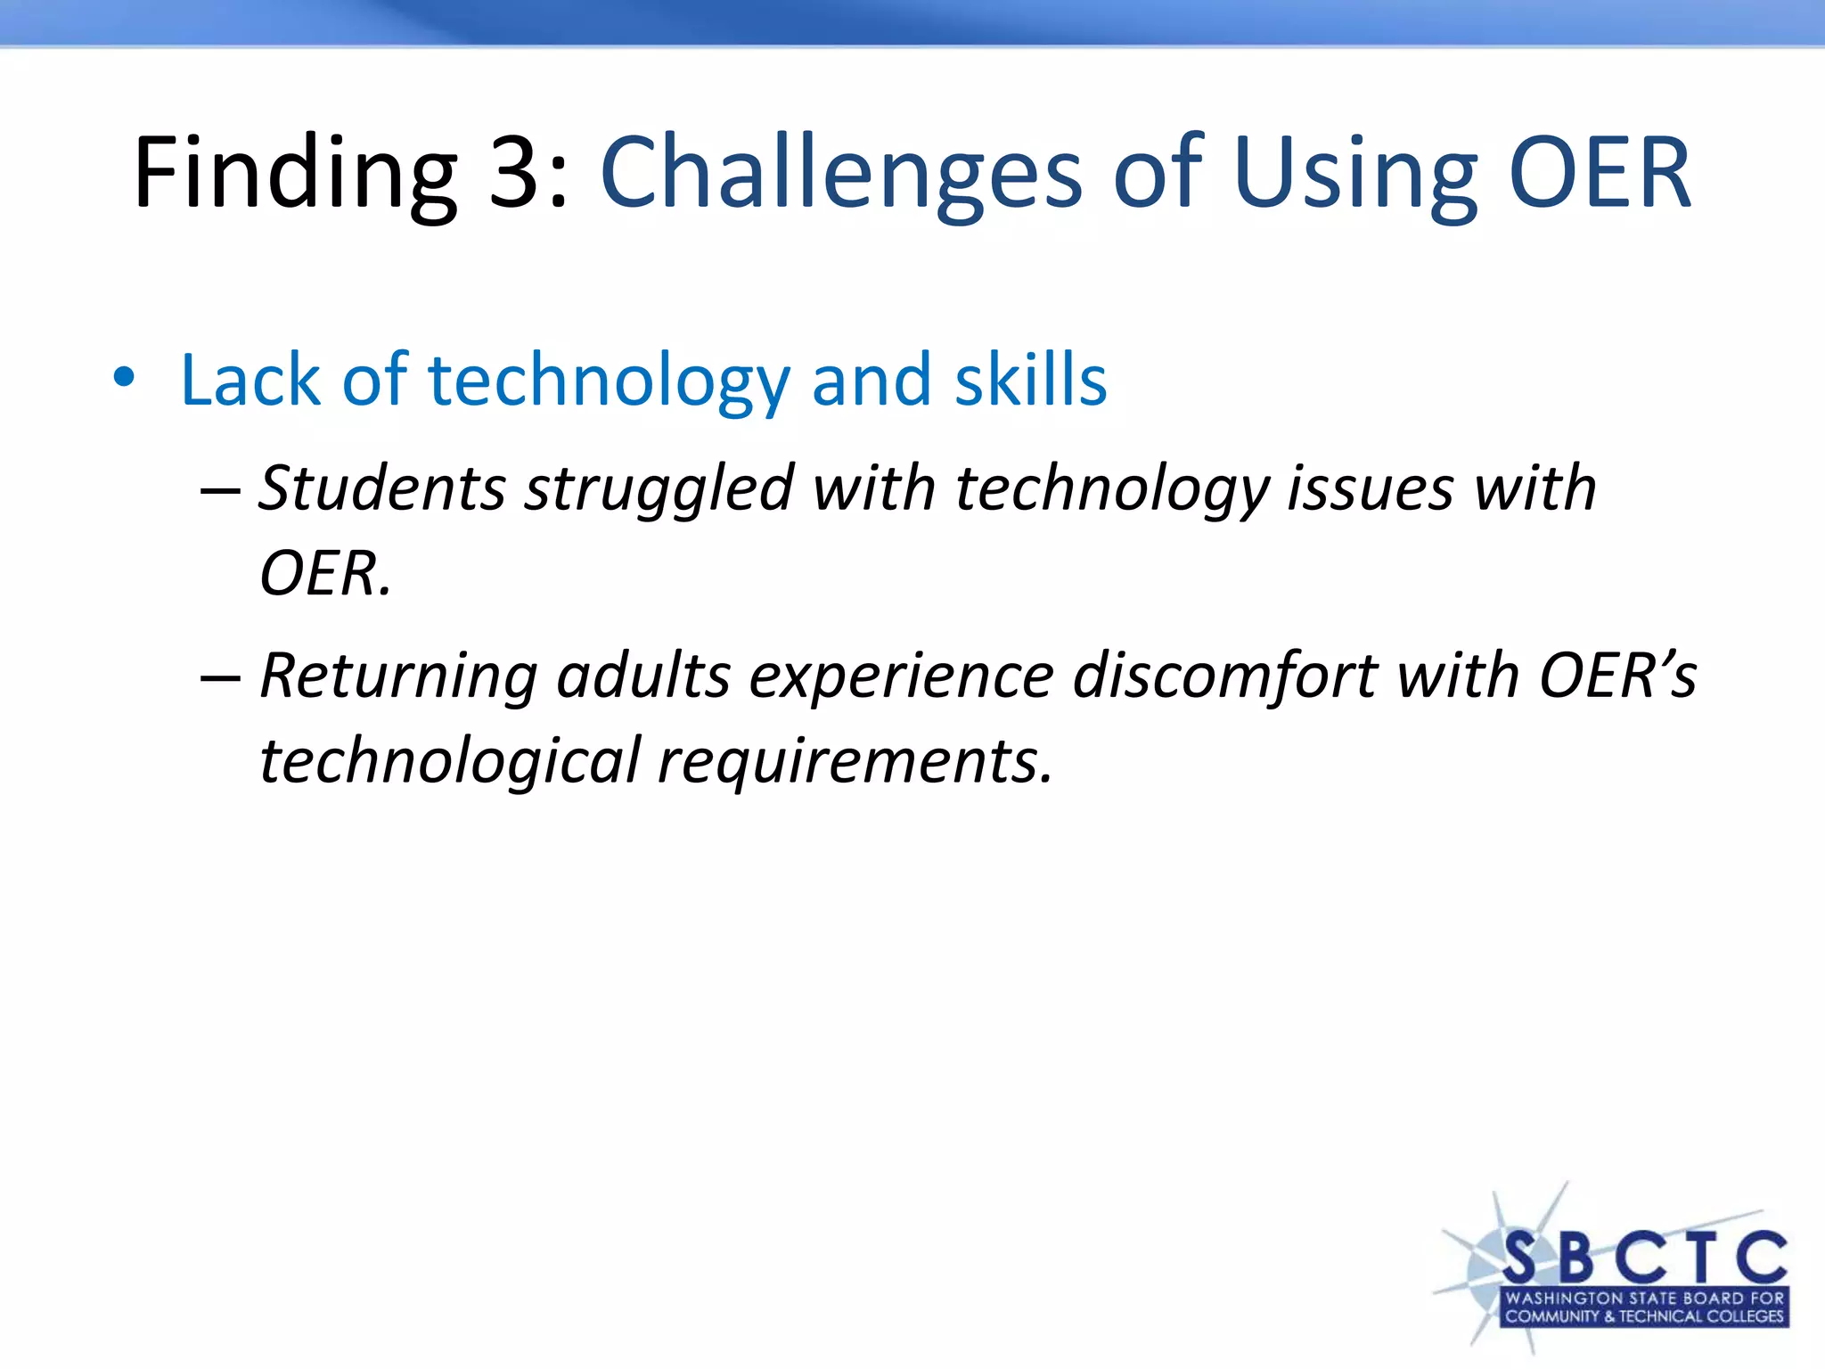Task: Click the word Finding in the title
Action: pos(295,174)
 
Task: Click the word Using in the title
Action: pos(1355,174)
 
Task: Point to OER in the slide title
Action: pos(1600,174)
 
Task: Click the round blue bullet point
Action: pos(124,378)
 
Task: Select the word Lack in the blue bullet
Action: pos(250,381)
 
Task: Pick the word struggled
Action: pos(659,490)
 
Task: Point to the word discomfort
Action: pos(1225,676)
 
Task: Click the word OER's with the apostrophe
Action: pos(1617,676)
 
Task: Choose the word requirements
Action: pos(855,763)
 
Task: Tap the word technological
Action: pos(450,761)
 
